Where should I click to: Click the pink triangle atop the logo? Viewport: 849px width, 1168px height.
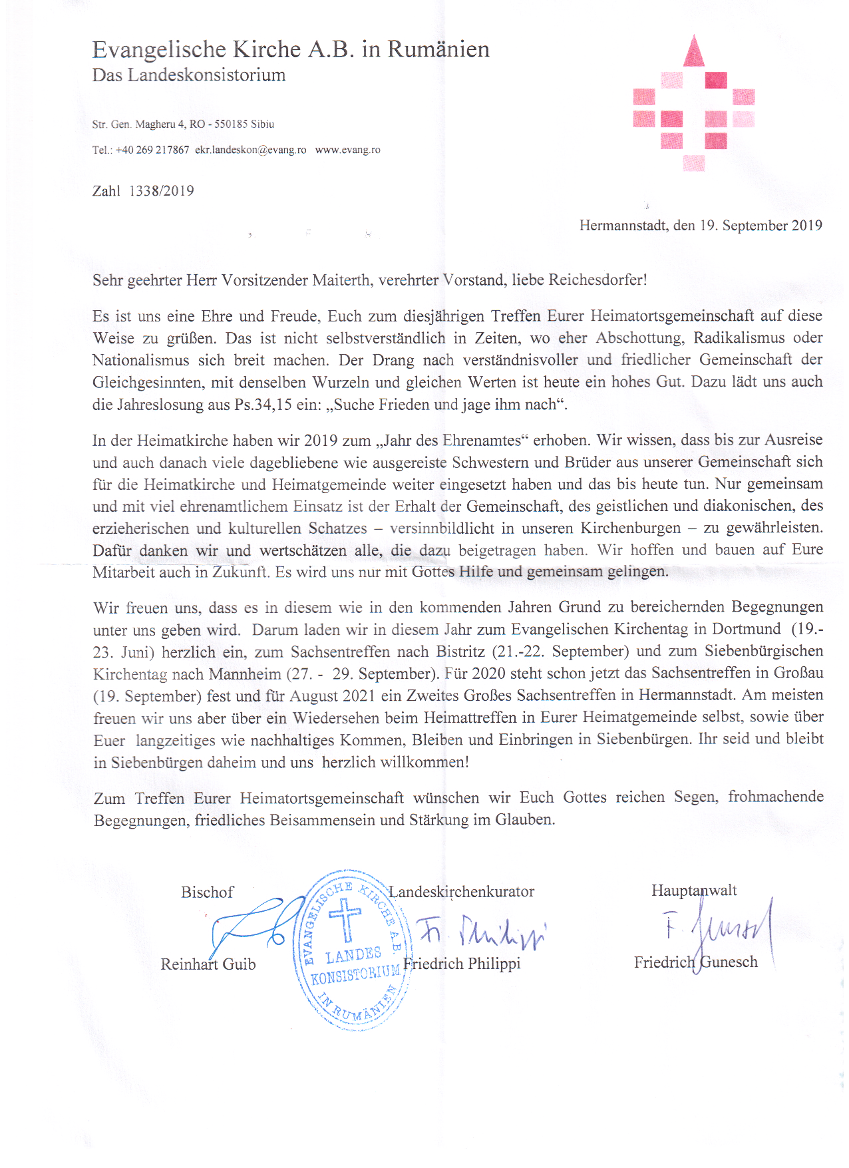[693, 52]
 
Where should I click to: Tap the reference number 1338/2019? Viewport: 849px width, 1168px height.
[162, 191]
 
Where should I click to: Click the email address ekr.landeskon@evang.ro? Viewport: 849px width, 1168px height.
[251, 150]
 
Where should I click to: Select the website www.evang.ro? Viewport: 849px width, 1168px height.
[347, 150]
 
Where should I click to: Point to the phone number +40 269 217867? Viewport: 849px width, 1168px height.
[152, 150]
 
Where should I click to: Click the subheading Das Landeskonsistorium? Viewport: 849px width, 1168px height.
[189, 75]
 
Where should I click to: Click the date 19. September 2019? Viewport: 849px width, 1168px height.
[761, 226]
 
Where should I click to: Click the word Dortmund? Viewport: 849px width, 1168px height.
[747, 630]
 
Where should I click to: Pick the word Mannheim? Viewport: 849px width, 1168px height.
[245, 674]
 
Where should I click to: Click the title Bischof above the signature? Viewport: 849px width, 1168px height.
[207, 892]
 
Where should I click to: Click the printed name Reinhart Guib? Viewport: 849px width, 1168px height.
[208, 964]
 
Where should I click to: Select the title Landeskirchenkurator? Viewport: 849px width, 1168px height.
[462, 892]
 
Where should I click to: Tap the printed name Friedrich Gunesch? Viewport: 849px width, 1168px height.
[695, 962]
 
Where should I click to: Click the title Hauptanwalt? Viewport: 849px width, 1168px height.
[694, 890]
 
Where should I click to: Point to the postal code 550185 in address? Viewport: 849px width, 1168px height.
[231, 124]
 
